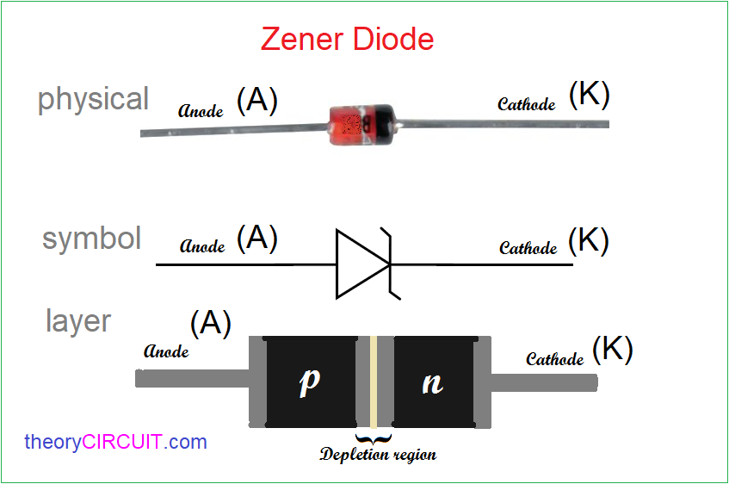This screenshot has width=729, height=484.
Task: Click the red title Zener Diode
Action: pyautogui.click(x=347, y=40)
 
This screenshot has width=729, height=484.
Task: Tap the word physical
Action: pyautogui.click(x=93, y=100)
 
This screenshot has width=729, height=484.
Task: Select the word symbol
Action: pyautogui.click(x=92, y=239)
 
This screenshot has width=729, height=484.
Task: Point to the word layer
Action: pyautogui.click(x=77, y=321)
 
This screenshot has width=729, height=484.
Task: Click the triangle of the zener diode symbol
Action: pyautogui.click(x=361, y=264)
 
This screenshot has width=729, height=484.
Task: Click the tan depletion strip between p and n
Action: pyautogui.click(x=374, y=381)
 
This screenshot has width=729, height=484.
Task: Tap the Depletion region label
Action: pyautogui.click(x=378, y=454)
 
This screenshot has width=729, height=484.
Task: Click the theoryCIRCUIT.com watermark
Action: pyautogui.click(x=116, y=443)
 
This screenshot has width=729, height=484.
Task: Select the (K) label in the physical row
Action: pyautogui.click(x=589, y=96)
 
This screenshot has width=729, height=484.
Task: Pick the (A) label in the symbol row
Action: pyautogui.click(x=256, y=238)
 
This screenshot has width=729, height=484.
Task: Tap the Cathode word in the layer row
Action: pyautogui.click(x=554, y=358)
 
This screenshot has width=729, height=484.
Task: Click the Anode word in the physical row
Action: pyautogui.click(x=201, y=110)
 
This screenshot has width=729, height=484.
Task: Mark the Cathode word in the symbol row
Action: pyautogui.click(x=528, y=248)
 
